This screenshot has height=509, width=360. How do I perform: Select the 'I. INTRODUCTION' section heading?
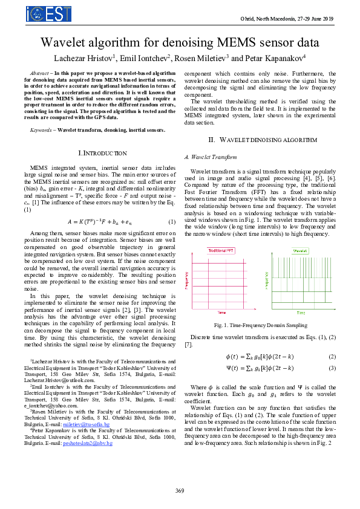[103, 154]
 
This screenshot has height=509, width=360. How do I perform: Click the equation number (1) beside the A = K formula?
[172, 221]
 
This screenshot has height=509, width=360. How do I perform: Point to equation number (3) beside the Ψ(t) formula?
[332, 368]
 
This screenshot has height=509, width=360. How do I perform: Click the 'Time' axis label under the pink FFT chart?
[222, 313]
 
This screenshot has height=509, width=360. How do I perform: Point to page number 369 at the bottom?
[180, 490]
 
